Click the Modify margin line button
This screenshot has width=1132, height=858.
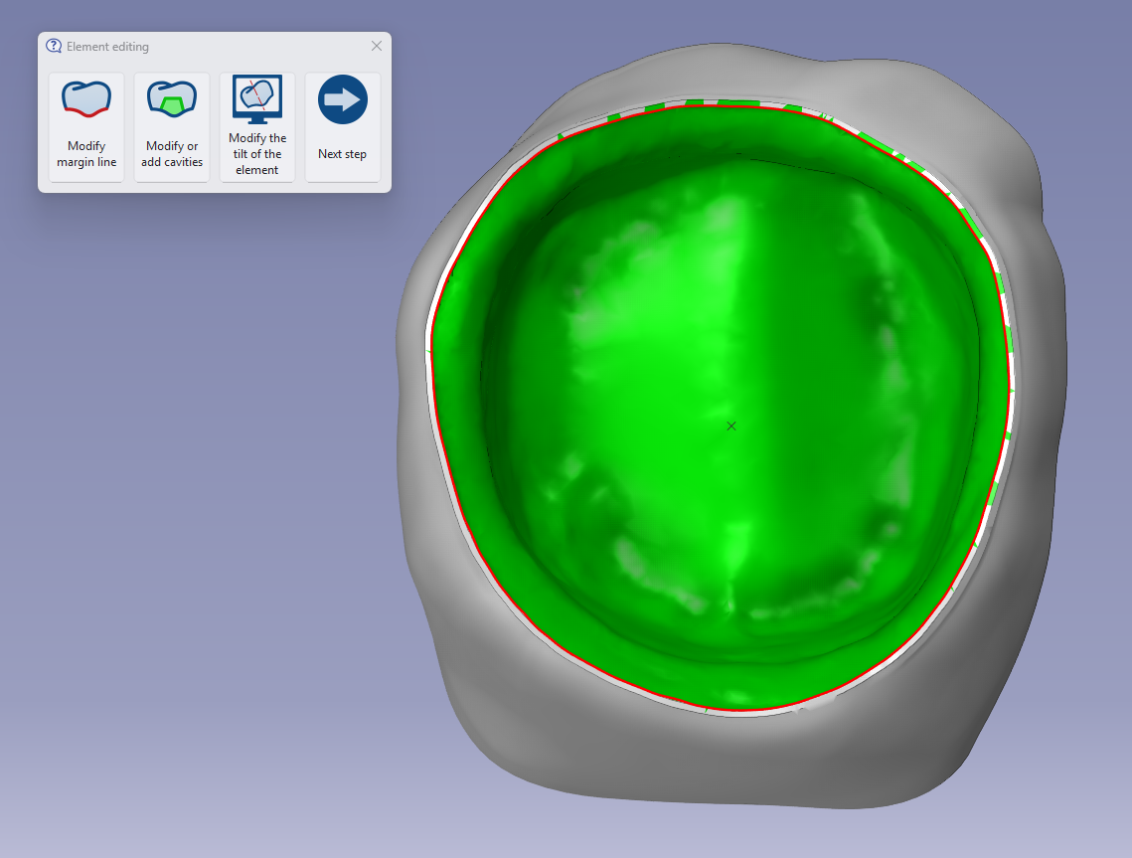click(86, 127)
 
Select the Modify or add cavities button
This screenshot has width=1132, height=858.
click(172, 127)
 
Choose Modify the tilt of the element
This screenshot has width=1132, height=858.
click(257, 127)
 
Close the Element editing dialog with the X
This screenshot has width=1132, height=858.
click(376, 46)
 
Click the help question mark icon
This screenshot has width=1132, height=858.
click(54, 46)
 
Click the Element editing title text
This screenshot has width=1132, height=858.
click(107, 47)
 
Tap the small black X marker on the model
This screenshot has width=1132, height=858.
click(731, 427)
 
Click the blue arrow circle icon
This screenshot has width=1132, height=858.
click(342, 99)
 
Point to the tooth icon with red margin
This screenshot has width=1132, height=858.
click(86, 99)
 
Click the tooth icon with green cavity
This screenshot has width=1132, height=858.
click(172, 99)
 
